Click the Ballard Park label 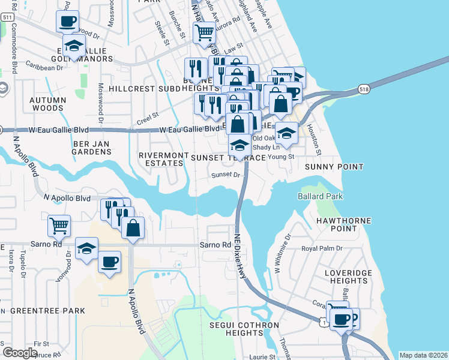(x=319, y=197)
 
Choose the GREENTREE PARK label (x=47, y=311)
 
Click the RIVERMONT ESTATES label (x=160, y=158)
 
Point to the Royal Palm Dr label (x=322, y=248)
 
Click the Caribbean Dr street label (x=44, y=68)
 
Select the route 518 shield (x=364, y=89)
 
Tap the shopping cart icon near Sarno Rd (x=59, y=226)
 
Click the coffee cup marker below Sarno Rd (x=109, y=262)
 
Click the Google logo (x=19, y=353)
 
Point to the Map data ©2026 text (x=423, y=355)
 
